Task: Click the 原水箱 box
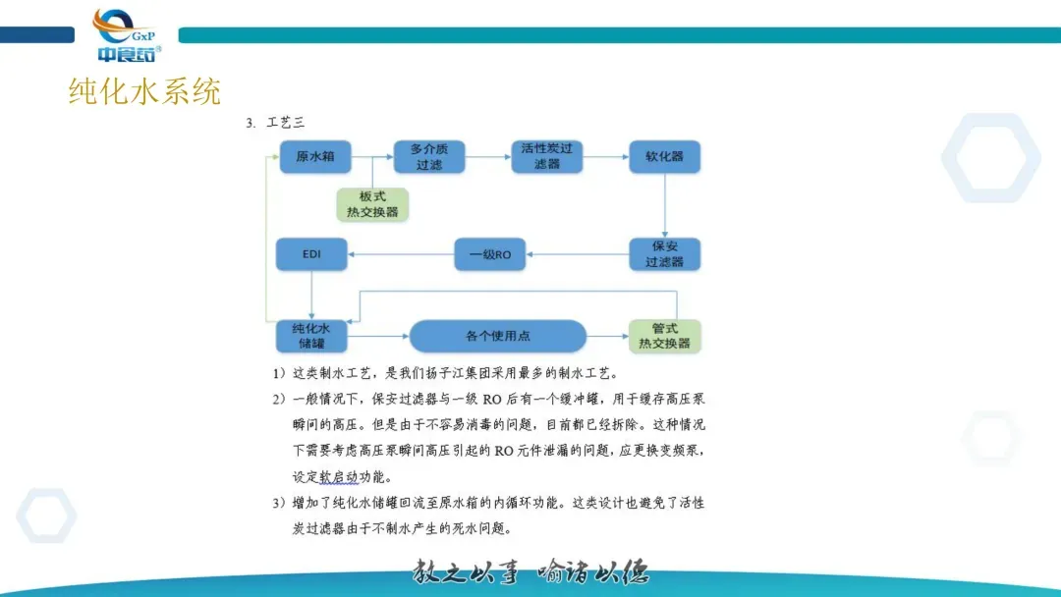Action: pyautogui.click(x=315, y=157)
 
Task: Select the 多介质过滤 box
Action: pyautogui.click(x=429, y=157)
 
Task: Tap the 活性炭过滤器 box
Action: pyautogui.click(x=546, y=157)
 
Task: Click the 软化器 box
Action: pyautogui.click(x=664, y=157)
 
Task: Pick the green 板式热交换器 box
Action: pyautogui.click(x=372, y=204)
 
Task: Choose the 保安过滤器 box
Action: pyautogui.click(x=665, y=254)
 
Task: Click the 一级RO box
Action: pyautogui.click(x=490, y=255)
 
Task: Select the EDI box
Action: pyautogui.click(x=312, y=255)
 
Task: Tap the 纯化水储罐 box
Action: pyautogui.click(x=312, y=336)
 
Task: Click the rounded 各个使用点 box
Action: pyautogui.click(x=497, y=336)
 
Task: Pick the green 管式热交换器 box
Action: pyautogui.click(x=665, y=336)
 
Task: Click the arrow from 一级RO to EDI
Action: pyautogui.click(x=402, y=255)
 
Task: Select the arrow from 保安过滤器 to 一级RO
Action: pyautogui.click(x=579, y=255)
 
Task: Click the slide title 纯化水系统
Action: pyautogui.click(x=144, y=91)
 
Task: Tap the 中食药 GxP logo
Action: pyautogui.click(x=126, y=36)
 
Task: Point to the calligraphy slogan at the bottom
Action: pyautogui.click(x=531, y=572)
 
